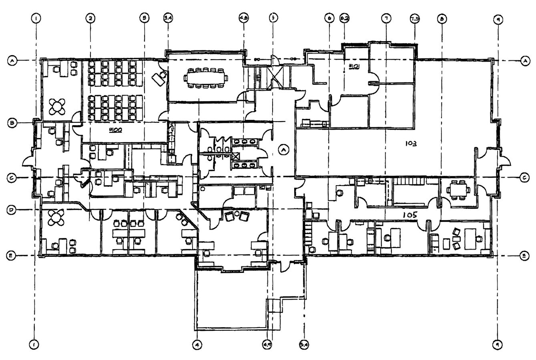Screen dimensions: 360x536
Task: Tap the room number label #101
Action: coord(354,66)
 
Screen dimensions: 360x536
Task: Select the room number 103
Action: coord(411,143)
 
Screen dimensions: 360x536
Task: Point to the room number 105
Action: coord(410,215)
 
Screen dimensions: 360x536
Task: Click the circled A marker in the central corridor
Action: coord(283,150)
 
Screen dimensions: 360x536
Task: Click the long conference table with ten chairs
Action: coord(206,78)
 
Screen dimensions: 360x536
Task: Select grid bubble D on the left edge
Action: coord(12,209)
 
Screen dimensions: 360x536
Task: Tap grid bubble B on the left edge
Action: coord(12,123)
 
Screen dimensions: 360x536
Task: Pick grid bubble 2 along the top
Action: coord(90,18)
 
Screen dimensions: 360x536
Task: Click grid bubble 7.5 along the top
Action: coord(414,18)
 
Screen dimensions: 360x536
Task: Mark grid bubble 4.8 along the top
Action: coord(243,18)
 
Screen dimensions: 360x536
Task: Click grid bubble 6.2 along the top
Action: coord(344,18)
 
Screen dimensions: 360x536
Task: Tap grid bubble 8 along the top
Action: coord(442,18)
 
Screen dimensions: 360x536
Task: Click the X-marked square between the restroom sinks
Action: coord(235,156)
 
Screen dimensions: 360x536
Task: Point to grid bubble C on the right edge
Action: coord(524,178)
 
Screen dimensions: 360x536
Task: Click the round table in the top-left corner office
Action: coord(57,106)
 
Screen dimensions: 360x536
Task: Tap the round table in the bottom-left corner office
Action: coord(55,218)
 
